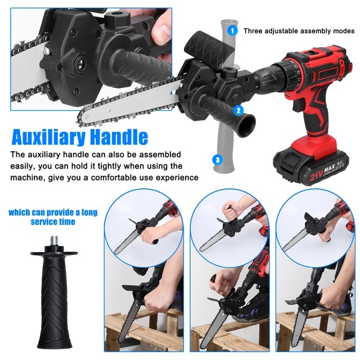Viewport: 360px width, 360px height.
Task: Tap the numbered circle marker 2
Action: click(238, 111)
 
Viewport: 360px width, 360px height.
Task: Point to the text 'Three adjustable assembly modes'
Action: click(299, 30)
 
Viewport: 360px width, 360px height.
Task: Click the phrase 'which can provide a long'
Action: click(53, 212)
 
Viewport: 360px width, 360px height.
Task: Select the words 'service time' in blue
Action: click(53, 222)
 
